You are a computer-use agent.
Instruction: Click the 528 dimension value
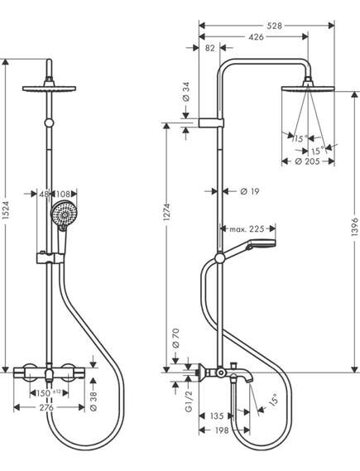pyautogui.click(x=275, y=26)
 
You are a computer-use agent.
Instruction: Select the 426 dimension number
pyautogui.click(x=257, y=37)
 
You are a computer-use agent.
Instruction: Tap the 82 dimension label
pyautogui.click(x=210, y=48)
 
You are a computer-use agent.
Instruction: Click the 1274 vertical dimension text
pyautogui.click(x=166, y=213)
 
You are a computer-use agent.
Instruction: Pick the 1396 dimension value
pyautogui.click(x=354, y=227)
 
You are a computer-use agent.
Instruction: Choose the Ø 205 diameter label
pyautogui.click(x=307, y=161)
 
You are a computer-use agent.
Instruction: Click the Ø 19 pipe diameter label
pyautogui.click(x=249, y=191)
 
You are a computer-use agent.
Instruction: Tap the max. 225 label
pyautogui.click(x=247, y=229)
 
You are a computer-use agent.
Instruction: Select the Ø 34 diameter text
pyautogui.click(x=186, y=91)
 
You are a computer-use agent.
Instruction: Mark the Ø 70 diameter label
pyautogui.click(x=175, y=339)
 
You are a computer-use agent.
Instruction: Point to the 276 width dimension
pyautogui.click(x=46, y=407)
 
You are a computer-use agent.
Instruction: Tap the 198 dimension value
pyautogui.click(x=222, y=430)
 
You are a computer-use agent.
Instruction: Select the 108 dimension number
pyautogui.click(x=63, y=194)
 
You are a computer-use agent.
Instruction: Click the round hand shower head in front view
pyautogui.click(x=65, y=214)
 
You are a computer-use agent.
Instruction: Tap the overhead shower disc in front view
pyautogui.click(x=49, y=89)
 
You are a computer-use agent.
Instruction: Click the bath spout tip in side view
pyautogui.click(x=247, y=381)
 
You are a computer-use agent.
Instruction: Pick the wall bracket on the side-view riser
pyautogui.click(x=211, y=123)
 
